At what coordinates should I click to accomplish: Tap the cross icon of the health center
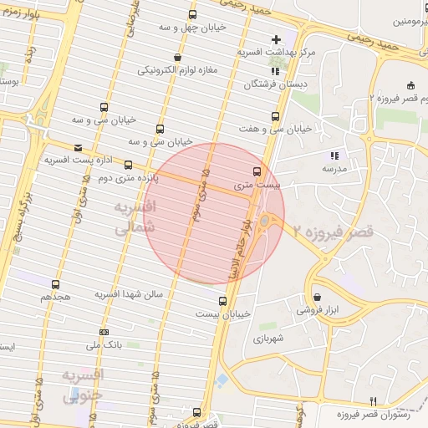(x=277, y=39)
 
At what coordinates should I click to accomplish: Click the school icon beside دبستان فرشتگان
(x=275, y=71)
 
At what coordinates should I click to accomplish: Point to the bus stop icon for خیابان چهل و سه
(x=193, y=14)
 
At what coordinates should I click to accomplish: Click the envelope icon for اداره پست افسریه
(x=78, y=144)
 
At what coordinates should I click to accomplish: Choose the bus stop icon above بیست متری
(x=257, y=170)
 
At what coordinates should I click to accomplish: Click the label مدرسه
(x=334, y=168)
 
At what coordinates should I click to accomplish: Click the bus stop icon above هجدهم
(x=55, y=284)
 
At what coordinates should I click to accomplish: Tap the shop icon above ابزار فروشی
(x=317, y=297)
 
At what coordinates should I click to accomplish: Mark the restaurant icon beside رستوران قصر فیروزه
(x=374, y=400)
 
